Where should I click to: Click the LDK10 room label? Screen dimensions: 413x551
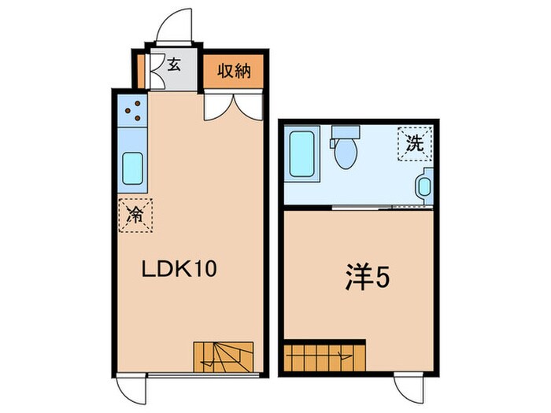pyautogui.click(x=179, y=269)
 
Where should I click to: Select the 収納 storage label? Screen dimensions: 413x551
pyautogui.click(x=234, y=72)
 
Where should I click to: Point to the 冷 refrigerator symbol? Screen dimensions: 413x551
pyautogui.click(x=135, y=214)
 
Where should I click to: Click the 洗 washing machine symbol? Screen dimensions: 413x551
pyautogui.click(x=414, y=143)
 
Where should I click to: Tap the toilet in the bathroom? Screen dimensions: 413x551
pyautogui.click(x=344, y=149)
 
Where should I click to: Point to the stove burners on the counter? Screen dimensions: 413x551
pyautogui.click(x=133, y=110)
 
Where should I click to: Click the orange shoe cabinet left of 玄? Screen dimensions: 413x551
pyautogui.click(x=141, y=70)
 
